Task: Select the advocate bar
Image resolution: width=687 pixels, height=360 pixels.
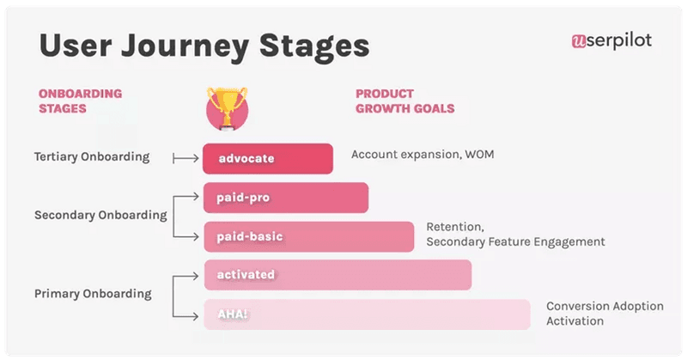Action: [268, 158]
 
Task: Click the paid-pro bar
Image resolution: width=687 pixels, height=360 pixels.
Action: [286, 198]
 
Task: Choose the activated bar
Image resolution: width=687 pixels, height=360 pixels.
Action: [337, 275]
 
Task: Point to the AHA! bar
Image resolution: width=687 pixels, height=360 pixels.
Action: [367, 314]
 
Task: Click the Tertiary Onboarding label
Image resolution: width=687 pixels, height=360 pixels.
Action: [92, 157]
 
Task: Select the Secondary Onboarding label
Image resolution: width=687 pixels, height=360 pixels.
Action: [100, 215]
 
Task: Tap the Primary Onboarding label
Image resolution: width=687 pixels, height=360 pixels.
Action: [93, 294]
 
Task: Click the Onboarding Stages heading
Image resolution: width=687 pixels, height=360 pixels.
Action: [80, 101]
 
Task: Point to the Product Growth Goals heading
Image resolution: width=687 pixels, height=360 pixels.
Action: [404, 101]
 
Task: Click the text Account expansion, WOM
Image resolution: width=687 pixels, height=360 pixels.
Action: [423, 155]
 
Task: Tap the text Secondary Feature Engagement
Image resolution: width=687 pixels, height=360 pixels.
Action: [515, 242]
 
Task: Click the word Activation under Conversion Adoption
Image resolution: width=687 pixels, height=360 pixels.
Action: [575, 321]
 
